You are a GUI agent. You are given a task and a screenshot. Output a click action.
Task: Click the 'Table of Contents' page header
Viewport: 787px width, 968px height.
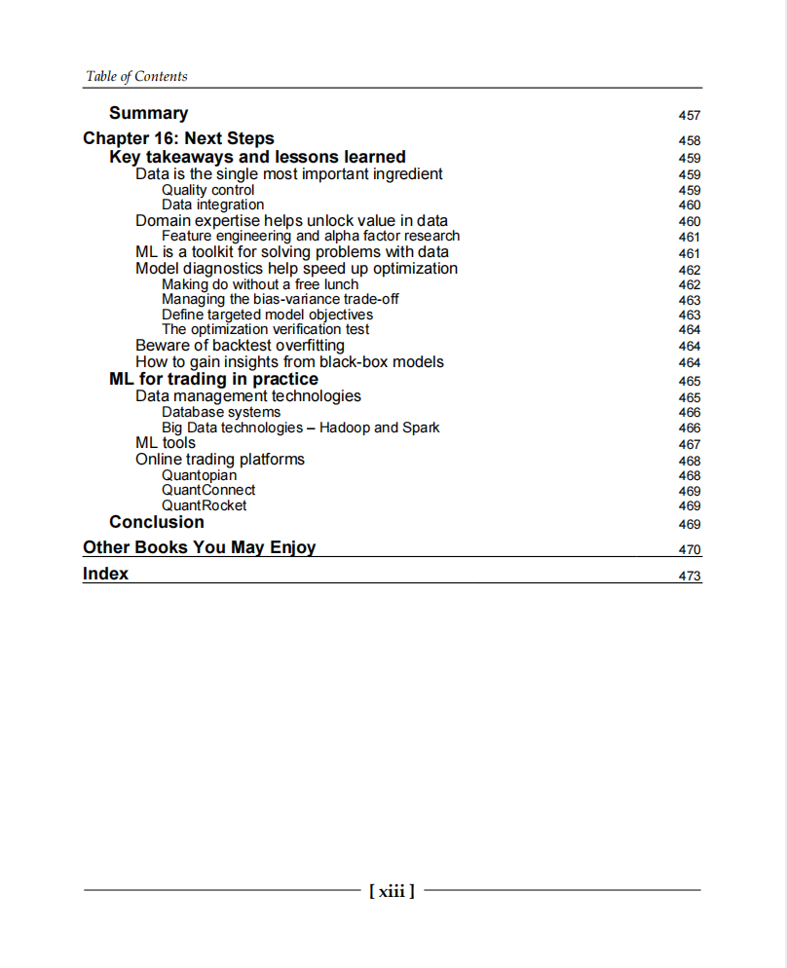click(x=136, y=76)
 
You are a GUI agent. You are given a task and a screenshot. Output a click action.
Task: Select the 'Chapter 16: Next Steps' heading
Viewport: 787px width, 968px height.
click(x=178, y=138)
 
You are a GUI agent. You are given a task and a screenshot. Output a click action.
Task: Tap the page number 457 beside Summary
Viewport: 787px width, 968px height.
click(x=689, y=115)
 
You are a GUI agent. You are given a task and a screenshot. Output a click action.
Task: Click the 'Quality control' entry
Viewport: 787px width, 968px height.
click(x=207, y=190)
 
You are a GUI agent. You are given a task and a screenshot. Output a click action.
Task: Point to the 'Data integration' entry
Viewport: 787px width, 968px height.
click(x=212, y=205)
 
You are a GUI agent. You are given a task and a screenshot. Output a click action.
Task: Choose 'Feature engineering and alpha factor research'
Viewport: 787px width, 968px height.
click(x=311, y=236)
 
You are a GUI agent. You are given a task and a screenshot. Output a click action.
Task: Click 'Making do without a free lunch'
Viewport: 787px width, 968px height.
click(x=260, y=284)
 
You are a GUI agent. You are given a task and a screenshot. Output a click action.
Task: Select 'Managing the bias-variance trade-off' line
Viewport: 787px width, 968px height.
click(x=280, y=299)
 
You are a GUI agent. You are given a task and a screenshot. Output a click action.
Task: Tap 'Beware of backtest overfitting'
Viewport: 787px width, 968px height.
click(x=240, y=346)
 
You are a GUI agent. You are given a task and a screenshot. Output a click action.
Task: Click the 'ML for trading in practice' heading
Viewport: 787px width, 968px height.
click(x=213, y=379)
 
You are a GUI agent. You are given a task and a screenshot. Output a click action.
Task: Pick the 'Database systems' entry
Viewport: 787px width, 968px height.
click(x=220, y=412)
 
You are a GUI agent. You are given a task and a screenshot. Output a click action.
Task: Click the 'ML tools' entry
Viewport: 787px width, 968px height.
click(x=166, y=443)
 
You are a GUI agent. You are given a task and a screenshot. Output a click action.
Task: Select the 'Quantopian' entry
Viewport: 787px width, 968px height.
click(x=199, y=475)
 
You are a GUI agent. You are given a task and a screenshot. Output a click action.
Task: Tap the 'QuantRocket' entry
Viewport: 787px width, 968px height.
click(x=204, y=505)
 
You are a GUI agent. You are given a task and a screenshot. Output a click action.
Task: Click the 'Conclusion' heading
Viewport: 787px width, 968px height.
click(x=157, y=522)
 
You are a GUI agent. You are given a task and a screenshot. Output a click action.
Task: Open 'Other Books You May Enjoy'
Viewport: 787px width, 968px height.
click(x=199, y=547)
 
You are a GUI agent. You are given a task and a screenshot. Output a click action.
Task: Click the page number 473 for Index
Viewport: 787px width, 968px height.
click(x=689, y=576)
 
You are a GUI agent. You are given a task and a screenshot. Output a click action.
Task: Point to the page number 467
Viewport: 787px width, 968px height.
click(x=689, y=444)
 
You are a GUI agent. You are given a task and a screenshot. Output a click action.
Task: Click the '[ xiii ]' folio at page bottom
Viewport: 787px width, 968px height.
click(x=392, y=890)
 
